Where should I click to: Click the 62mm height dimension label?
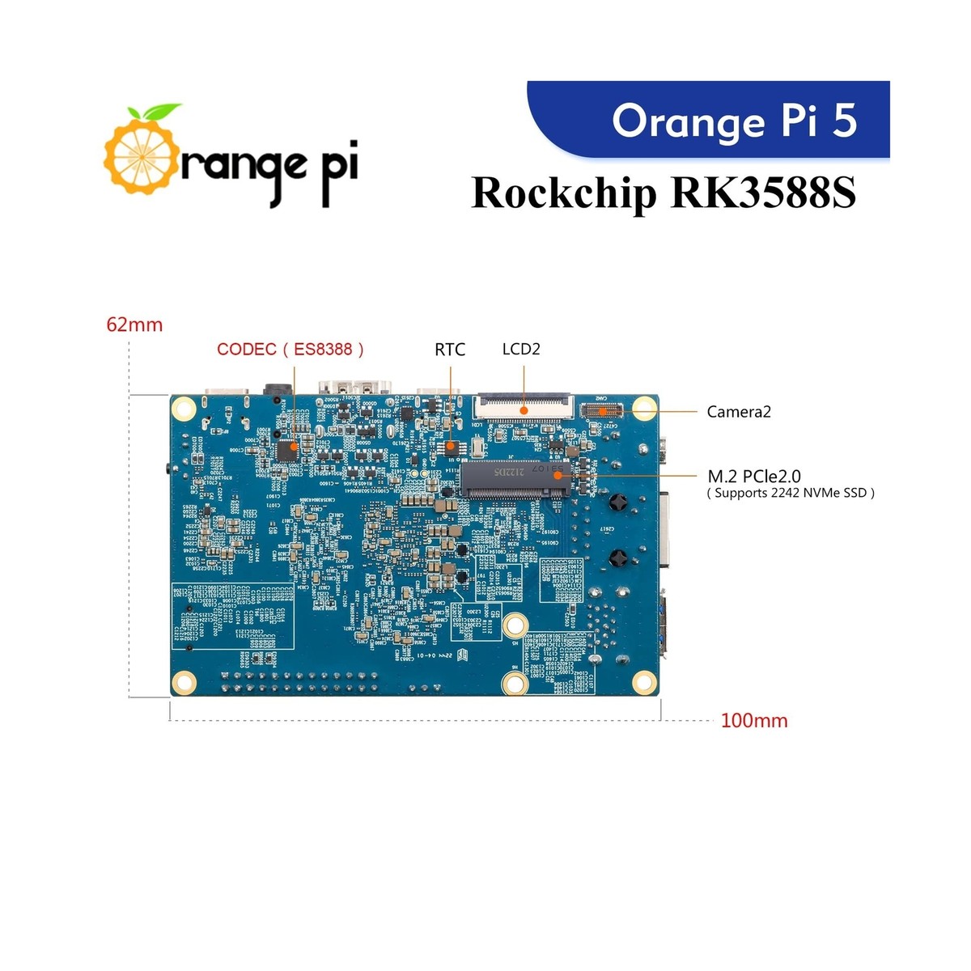[x=134, y=324]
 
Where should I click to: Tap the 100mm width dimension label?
[x=753, y=720]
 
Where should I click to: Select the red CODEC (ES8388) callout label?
[x=290, y=349]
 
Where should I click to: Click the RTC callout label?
[x=450, y=349]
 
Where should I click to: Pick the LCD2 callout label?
[x=521, y=349]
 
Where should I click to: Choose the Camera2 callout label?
[x=739, y=411]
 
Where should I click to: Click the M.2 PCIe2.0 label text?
[x=753, y=476]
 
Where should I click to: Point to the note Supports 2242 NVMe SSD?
[x=790, y=493]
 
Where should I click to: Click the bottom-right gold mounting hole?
[x=643, y=681]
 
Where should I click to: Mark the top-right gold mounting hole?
[x=644, y=408]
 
